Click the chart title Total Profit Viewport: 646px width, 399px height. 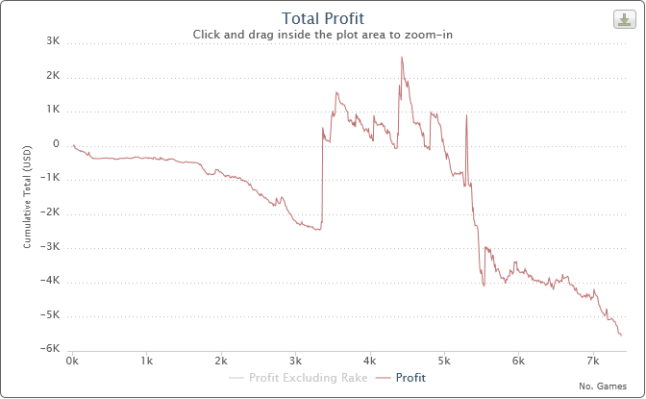point(323,17)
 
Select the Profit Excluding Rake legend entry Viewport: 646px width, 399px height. point(299,378)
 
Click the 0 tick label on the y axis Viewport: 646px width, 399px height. point(57,144)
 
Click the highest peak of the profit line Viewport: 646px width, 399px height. point(402,58)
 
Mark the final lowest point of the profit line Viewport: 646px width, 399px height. point(621,335)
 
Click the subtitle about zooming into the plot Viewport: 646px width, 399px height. point(323,34)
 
